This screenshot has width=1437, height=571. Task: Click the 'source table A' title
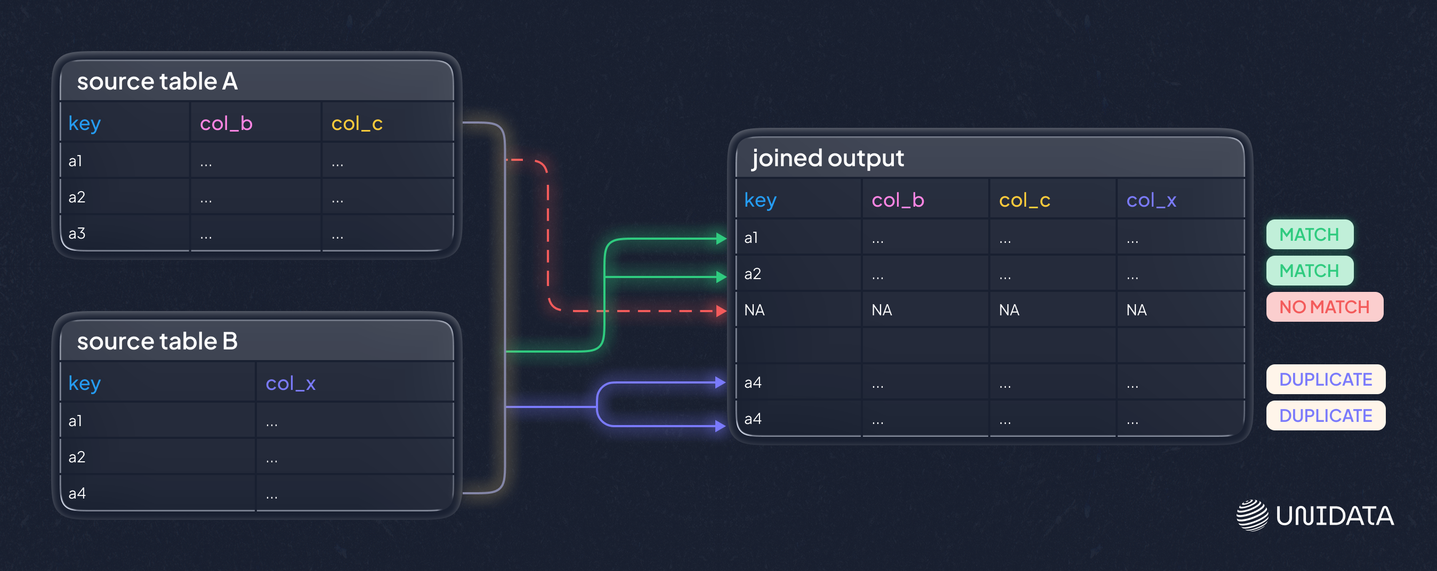157,81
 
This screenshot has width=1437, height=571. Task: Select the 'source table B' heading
157,341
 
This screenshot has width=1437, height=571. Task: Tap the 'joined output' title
828,158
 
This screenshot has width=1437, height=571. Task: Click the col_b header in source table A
226,123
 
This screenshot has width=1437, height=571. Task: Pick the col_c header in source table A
357,123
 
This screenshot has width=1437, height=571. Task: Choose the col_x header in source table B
290,383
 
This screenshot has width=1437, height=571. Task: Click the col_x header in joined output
1151,200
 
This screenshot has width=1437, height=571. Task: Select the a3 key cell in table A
77,233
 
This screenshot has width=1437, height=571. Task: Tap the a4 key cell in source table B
77,493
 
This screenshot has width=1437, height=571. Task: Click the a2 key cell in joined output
753,274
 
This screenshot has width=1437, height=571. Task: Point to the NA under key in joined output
754,310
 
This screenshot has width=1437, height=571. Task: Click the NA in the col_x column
1136,310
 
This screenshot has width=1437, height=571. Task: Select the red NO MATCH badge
1325,307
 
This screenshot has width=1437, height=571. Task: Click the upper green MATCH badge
1309,234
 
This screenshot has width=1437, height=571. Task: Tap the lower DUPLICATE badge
1326,415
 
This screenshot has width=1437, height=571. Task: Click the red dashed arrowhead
721,311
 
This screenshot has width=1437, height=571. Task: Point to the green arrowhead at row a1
721,239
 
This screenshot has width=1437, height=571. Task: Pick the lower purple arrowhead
720,426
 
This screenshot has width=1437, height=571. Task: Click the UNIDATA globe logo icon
1253,515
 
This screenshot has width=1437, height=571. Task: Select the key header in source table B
85,383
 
